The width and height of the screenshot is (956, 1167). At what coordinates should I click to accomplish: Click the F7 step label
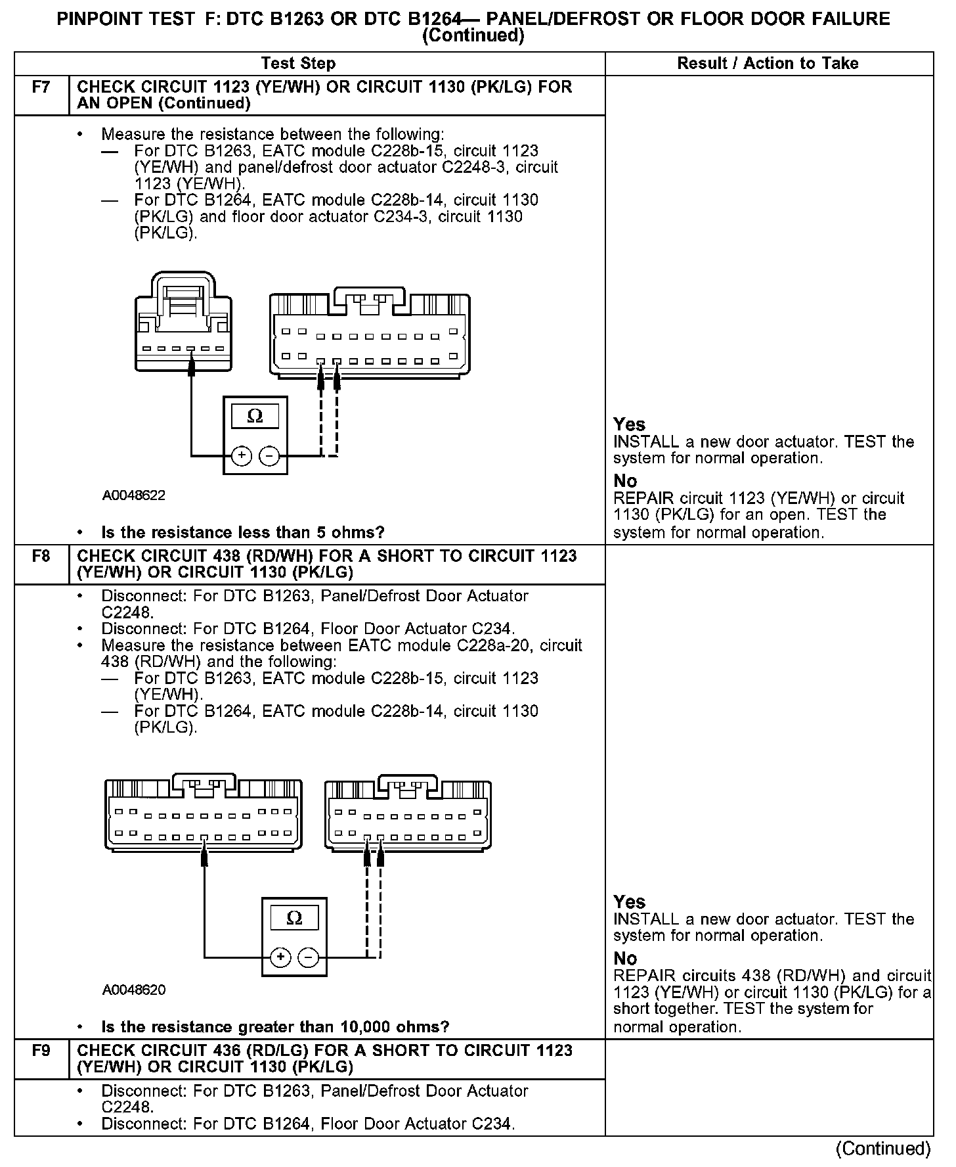[x=41, y=87]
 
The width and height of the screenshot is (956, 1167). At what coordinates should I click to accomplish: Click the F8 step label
[x=41, y=557]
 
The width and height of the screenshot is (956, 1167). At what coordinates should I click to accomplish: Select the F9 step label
[x=41, y=1051]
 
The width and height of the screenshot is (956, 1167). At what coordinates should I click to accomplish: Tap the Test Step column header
[x=298, y=64]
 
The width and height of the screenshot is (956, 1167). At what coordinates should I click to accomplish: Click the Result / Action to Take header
[x=768, y=64]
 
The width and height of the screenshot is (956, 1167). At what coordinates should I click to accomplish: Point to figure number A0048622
[x=134, y=495]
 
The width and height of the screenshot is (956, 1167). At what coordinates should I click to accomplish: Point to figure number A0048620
[x=134, y=990]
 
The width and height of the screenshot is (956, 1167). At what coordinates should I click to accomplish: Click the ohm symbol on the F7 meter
[x=255, y=416]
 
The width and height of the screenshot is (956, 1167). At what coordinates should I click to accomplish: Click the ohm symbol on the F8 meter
[x=294, y=918]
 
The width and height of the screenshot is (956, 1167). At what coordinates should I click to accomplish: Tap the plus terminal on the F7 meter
[x=242, y=455]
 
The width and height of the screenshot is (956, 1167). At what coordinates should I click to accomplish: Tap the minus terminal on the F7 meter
[x=269, y=455]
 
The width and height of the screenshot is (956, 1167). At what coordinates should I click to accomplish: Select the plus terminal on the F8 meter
[x=281, y=957]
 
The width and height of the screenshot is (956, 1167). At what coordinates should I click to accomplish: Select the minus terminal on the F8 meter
[x=308, y=957]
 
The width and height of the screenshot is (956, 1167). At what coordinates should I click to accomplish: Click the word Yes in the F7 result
[x=629, y=424]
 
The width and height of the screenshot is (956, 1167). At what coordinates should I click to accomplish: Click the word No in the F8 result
[x=625, y=959]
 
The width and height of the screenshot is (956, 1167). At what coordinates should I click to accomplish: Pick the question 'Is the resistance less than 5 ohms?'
[x=243, y=532]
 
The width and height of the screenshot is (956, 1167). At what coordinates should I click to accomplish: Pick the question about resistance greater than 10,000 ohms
[x=275, y=1027]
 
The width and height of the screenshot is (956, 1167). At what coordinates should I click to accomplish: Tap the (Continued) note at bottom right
[x=883, y=1148]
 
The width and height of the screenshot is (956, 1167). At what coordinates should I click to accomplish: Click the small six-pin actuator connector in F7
[x=184, y=322]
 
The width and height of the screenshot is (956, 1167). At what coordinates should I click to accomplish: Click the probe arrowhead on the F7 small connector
[x=191, y=365]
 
